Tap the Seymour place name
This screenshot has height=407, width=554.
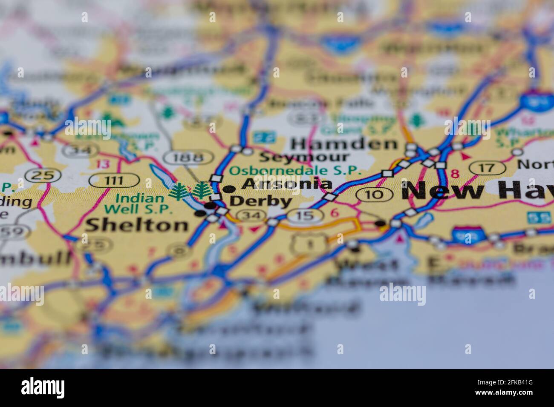coord(304,157)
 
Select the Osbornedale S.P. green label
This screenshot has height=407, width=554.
coord(295,171)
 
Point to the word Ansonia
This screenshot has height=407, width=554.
coord(287,184)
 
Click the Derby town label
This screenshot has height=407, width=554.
coord(261,201)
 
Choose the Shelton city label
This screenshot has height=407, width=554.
coord(137,225)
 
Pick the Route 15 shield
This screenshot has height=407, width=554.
coord(305,215)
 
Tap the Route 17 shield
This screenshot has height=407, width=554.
coord(487,168)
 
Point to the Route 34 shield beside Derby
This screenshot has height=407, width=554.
coord(249,216)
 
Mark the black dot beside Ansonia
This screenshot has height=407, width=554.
coord(229,189)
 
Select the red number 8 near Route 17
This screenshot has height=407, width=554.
coord(455,174)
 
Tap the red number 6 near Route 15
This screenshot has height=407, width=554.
coord(335,212)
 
